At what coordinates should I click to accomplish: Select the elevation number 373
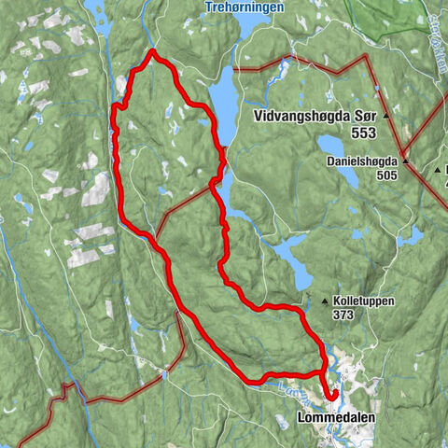tap(344, 315)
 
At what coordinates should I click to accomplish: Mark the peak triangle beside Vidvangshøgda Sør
tap(385, 119)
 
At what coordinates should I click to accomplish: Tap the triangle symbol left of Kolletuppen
tap(325, 301)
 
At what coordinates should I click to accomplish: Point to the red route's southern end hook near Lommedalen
tap(331, 397)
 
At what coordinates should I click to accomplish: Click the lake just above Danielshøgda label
tap(332, 147)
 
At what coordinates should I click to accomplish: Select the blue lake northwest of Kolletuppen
tap(297, 266)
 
